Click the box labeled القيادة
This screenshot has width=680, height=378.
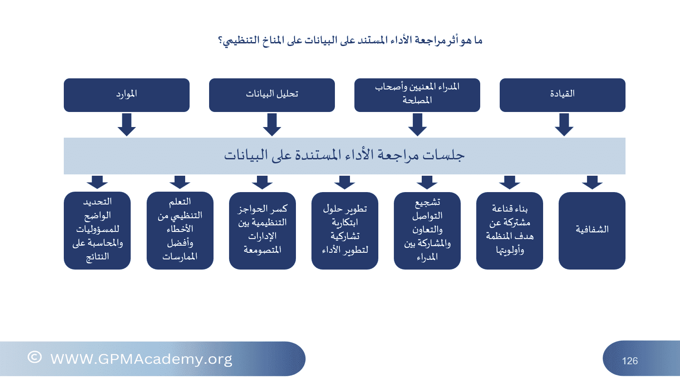pos(562,95)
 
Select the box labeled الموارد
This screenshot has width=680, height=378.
pos(127,95)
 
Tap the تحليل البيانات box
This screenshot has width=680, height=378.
pos(272,95)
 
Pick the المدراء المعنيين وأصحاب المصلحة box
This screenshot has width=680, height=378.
pos(417,95)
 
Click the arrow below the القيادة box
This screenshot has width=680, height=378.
pos(564,125)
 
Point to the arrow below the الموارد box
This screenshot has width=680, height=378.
pos(127,125)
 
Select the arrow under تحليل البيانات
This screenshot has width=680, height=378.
pos(272,125)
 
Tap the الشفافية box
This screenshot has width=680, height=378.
pos(592,231)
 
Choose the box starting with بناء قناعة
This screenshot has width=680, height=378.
pos(509,231)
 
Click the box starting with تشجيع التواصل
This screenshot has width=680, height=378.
pos(427,231)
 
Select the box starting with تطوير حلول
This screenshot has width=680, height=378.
pos(345,231)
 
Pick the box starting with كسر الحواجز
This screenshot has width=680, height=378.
pos(262,231)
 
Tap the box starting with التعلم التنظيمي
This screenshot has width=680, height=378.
pos(180,231)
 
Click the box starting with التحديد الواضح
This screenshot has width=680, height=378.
pos(97,231)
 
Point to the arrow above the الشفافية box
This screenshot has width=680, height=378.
pos(592,182)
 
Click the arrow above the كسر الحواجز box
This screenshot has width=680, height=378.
pos(262,182)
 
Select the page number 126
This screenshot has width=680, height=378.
pos(630,361)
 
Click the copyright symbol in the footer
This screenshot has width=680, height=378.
pos(34,357)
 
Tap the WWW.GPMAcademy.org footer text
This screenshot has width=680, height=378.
pos(141,359)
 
